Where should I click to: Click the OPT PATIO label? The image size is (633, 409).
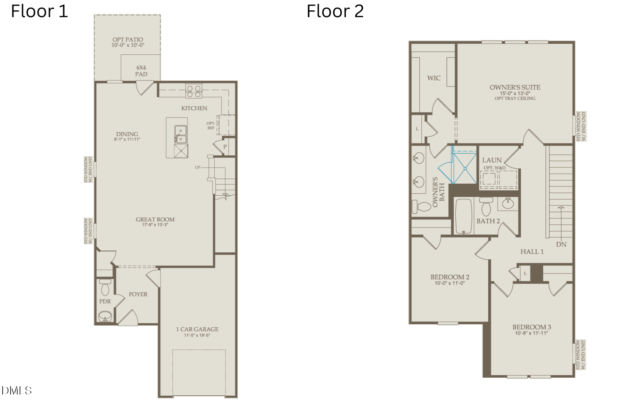pyautogui.click(x=128, y=40)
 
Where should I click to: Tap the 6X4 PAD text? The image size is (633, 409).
pyautogui.click(x=141, y=71)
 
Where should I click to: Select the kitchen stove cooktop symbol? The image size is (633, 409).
pyautogui.click(x=194, y=91)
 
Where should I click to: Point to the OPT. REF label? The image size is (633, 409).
pyautogui.click(x=211, y=126)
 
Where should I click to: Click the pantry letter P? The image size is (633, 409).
pyautogui.click(x=225, y=147)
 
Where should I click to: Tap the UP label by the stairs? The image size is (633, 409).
pyautogui.click(x=197, y=167)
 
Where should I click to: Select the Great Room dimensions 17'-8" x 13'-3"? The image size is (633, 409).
pyautogui.click(x=155, y=225)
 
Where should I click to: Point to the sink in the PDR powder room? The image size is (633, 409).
pyautogui.click(x=105, y=316)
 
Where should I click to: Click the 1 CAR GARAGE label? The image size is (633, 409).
pyautogui.click(x=197, y=329)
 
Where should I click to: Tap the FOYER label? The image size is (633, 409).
pyautogui.click(x=138, y=294)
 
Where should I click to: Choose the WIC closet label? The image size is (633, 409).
pyautogui.click(x=434, y=78)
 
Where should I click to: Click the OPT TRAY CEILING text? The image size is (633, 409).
pyautogui.click(x=515, y=98)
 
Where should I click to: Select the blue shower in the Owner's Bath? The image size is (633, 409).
pyautogui.click(x=465, y=168)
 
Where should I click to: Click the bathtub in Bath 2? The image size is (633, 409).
pyautogui.click(x=464, y=216)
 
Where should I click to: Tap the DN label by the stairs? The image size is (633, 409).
pyautogui.click(x=561, y=244)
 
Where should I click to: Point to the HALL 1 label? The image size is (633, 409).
pyautogui.click(x=532, y=252)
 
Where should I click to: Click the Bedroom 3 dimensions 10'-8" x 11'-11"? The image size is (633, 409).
pyautogui.click(x=531, y=333)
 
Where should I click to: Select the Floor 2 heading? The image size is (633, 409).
pyautogui.click(x=335, y=11)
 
